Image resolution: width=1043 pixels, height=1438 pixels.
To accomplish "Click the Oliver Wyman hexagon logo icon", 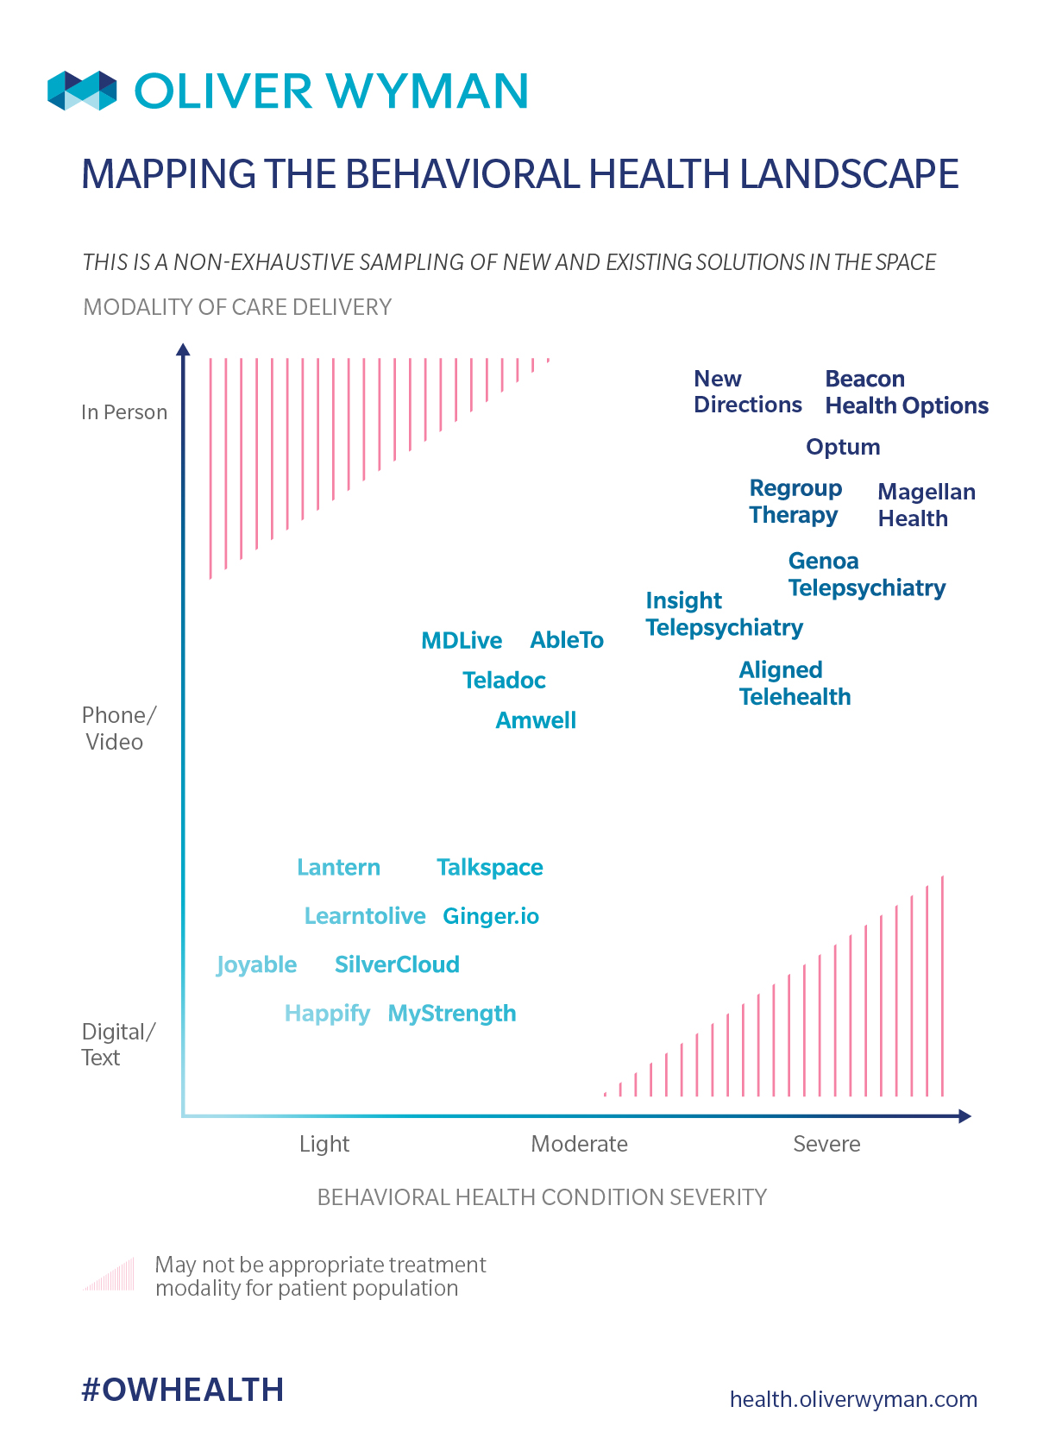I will (82, 91).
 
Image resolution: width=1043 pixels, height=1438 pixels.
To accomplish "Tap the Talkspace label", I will (489, 867).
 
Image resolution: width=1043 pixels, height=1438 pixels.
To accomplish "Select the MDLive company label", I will (462, 640).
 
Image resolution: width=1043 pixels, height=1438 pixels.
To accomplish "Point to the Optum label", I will (843, 447).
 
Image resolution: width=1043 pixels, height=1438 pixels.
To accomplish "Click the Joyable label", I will (256, 964).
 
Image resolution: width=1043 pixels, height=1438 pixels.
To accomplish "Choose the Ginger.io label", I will (491, 916).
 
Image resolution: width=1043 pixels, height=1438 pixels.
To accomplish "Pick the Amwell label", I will (536, 720).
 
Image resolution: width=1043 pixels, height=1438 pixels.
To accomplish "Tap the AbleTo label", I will (567, 640).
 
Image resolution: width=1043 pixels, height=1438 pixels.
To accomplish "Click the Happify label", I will (327, 1014).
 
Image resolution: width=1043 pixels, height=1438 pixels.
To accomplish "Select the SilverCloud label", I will (397, 964).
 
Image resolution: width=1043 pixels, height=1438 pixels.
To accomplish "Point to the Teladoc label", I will (504, 681).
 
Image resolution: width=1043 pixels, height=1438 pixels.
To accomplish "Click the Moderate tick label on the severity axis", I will (579, 1144).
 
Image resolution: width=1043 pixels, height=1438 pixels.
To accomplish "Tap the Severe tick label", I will (826, 1144).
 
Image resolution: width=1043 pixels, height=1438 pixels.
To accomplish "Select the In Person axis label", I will (124, 412).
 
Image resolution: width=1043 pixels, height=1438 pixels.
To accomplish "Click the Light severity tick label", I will (324, 1144).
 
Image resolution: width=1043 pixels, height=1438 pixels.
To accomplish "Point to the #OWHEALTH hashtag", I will (182, 1390).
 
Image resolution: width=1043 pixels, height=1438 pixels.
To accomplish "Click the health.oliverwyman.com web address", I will (853, 1399).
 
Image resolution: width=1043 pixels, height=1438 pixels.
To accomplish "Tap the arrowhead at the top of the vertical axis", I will (183, 349).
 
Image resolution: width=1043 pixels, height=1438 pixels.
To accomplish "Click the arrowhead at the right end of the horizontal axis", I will (964, 1116).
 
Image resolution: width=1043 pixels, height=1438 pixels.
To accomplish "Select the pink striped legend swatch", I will (110, 1275).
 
